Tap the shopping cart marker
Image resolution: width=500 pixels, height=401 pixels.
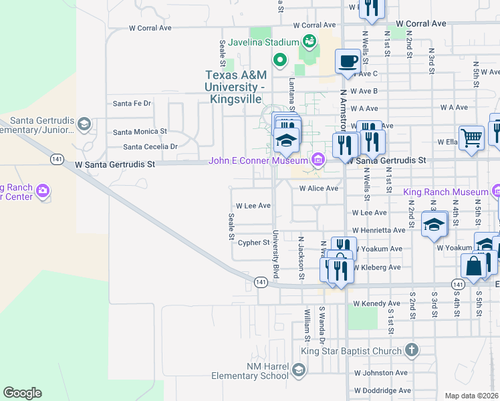tap(472, 139)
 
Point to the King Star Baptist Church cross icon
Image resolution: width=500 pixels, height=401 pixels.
tap(412, 350)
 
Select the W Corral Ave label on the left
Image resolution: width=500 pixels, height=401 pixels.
tap(150, 29)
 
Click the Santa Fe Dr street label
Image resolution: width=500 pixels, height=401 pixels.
tap(132, 104)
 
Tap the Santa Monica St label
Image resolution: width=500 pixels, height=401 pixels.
tap(140, 132)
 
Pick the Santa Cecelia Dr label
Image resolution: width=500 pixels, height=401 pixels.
tap(150, 146)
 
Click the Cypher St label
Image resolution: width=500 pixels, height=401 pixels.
tap(253, 243)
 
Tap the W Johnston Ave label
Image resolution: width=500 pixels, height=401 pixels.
tap(380, 373)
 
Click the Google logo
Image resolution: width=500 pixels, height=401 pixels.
tap(22, 393)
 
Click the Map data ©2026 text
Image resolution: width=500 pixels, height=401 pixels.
tap(472, 396)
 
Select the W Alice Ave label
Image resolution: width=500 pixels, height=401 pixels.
tap(319, 188)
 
